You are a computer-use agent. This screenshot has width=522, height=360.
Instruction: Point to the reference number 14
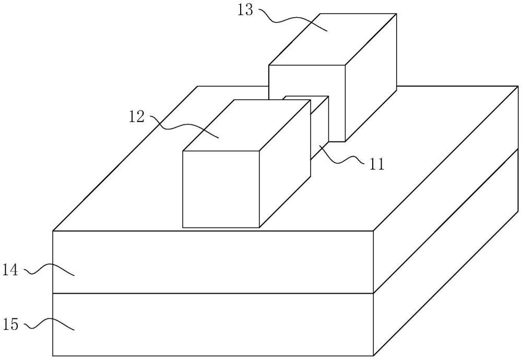tap(11, 270)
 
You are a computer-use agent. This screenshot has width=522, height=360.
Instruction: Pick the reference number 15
tap(11, 325)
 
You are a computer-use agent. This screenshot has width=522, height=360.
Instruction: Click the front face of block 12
tap(221, 189)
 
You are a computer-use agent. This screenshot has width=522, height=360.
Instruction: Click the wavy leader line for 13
tap(292, 20)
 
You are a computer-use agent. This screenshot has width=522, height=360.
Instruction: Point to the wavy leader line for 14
tap(50, 270)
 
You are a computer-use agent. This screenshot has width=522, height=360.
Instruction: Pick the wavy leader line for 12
tap(183, 127)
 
